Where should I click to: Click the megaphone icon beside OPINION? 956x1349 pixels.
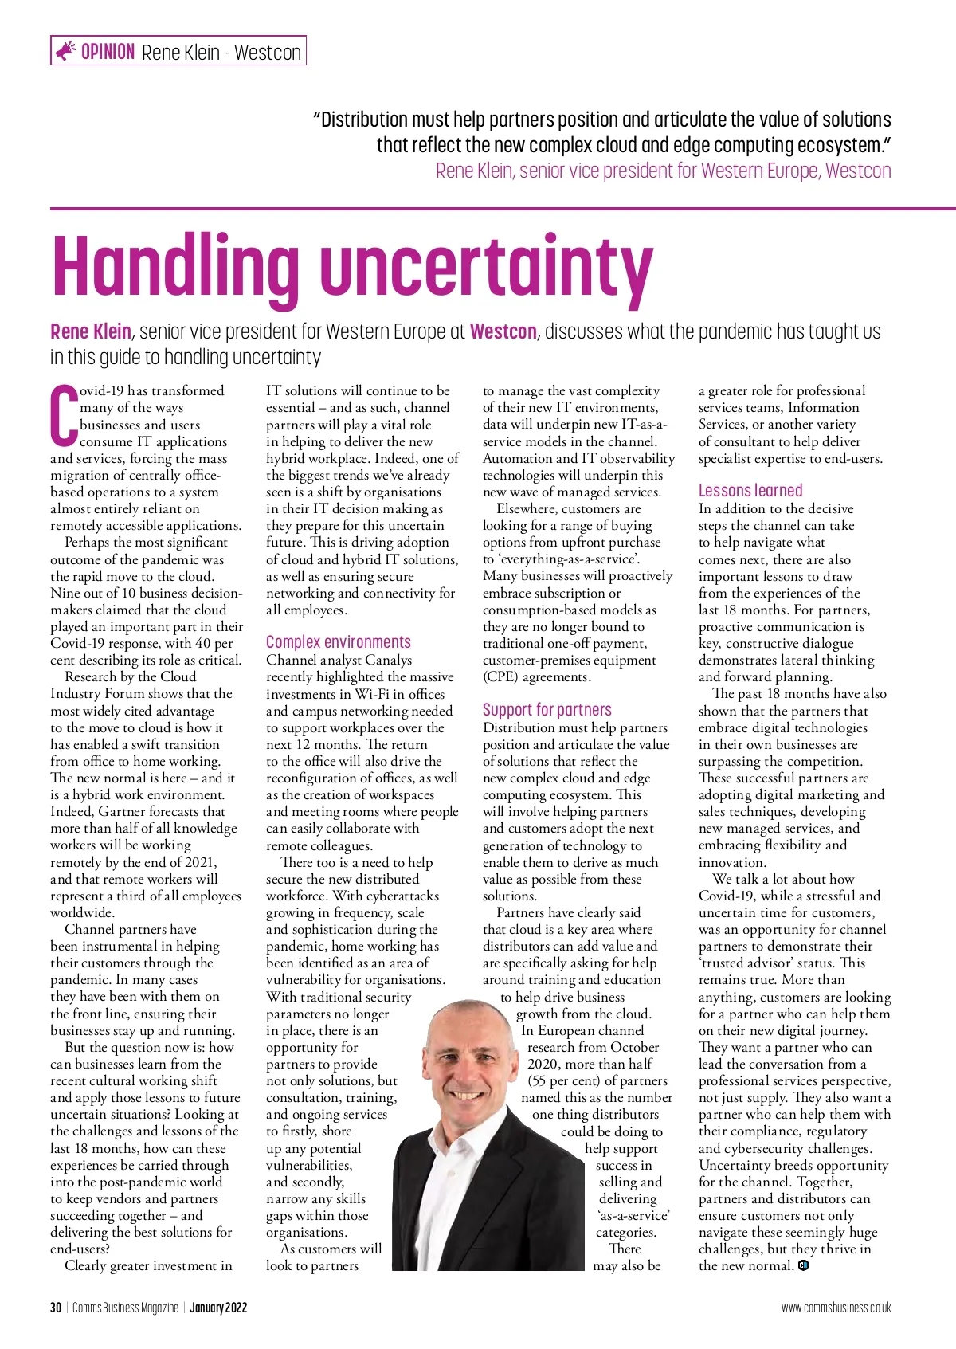pyautogui.click(x=65, y=51)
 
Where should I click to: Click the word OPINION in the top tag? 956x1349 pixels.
pyautogui.click(x=108, y=52)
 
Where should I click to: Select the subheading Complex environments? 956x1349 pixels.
pyautogui.click(x=339, y=642)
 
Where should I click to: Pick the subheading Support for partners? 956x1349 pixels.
pyautogui.click(x=547, y=709)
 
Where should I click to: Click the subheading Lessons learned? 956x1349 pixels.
pyautogui.click(x=750, y=490)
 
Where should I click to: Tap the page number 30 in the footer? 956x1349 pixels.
pyautogui.click(x=56, y=1308)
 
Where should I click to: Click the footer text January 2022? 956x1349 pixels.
pyautogui.click(x=218, y=1308)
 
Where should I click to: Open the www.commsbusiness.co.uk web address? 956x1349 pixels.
pyautogui.click(x=836, y=1308)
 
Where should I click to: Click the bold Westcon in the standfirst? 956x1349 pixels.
pyautogui.click(x=503, y=331)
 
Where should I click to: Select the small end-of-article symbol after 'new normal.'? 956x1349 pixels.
pyautogui.click(x=803, y=1265)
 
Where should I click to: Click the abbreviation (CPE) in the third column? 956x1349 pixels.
pyautogui.click(x=503, y=676)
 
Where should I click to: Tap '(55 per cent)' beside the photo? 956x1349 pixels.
pyautogui.click(x=567, y=1080)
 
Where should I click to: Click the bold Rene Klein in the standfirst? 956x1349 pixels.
pyautogui.click(x=91, y=331)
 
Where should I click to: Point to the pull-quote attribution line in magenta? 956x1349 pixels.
pyautogui.click(x=663, y=171)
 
